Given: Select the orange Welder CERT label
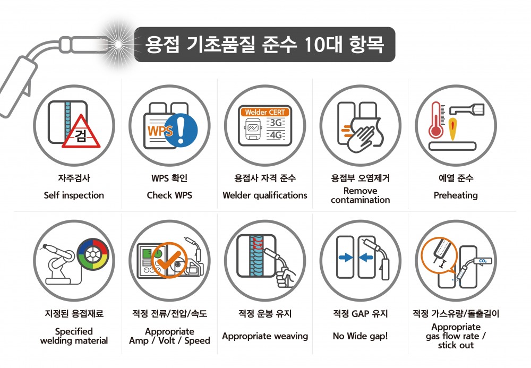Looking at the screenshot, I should (265, 113).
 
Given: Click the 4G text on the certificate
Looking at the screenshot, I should (276, 135).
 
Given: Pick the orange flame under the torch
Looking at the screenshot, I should (452, 129).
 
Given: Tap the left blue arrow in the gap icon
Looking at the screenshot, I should (346, 258).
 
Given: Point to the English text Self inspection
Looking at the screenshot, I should (74, 195).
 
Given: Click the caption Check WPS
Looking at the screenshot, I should (169, 195).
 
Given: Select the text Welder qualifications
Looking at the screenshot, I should (264, 195).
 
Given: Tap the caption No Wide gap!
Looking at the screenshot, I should (360, 336).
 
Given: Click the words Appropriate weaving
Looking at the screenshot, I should (264, 336).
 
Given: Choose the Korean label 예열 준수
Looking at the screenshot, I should (456, 178).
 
